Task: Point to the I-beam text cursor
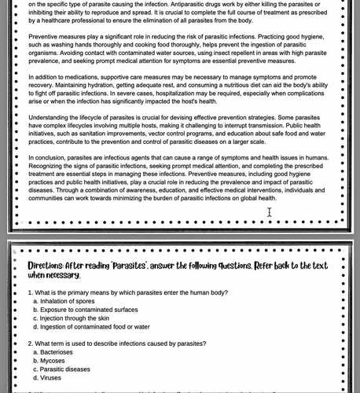coord(270,212)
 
